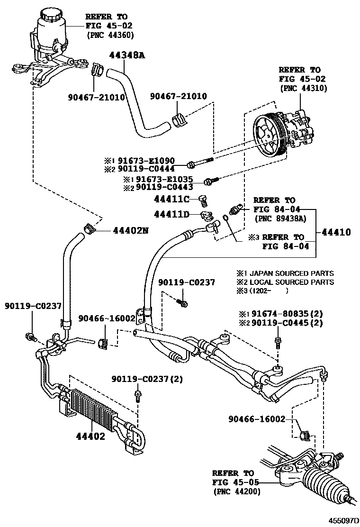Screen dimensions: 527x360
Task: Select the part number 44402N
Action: [130, 231]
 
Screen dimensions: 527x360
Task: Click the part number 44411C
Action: [173, 198]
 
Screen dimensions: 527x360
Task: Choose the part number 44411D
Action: [173, 215]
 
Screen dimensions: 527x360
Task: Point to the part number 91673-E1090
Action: [153, 161]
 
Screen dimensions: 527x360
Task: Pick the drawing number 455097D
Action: [342, 520]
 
